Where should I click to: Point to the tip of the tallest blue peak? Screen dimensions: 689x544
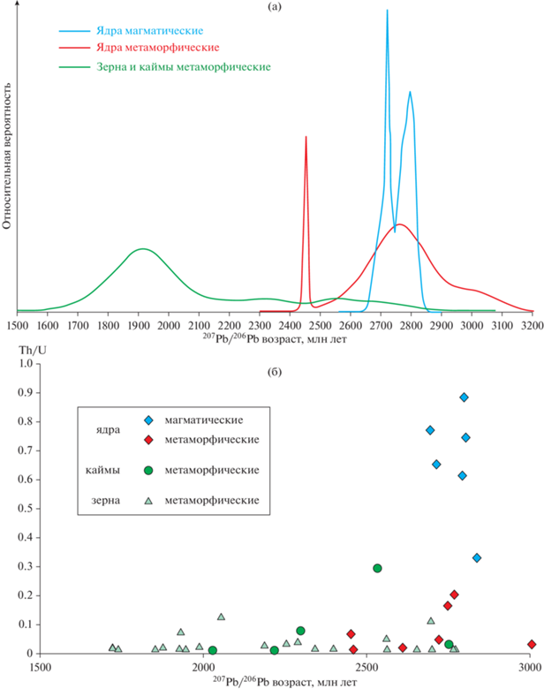[387, 11]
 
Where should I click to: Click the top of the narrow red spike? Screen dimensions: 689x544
[306, 136]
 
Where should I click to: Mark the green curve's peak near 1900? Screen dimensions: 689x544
[141, 249]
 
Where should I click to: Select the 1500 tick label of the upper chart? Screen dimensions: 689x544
[17, 324]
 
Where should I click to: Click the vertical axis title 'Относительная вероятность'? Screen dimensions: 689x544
[8, 155]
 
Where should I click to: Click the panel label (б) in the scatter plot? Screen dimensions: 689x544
[275, 369]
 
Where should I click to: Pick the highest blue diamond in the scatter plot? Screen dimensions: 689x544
[464, 397]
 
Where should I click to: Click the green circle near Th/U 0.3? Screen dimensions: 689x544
[377, 568]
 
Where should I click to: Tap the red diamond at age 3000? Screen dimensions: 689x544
[531, 645]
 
